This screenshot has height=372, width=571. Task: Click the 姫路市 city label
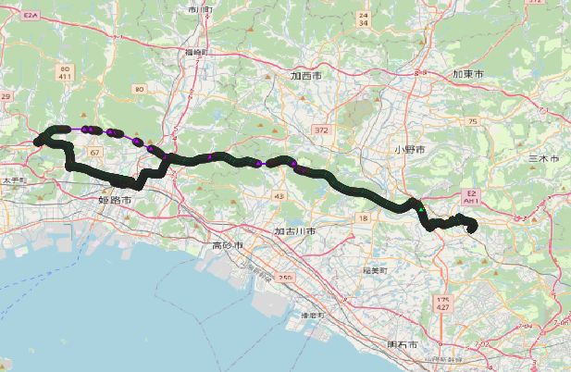pos(115,199)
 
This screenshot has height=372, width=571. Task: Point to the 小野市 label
pos(408,149)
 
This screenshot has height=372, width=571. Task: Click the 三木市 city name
pos(543,159)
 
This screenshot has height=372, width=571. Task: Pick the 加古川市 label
pos(295,230)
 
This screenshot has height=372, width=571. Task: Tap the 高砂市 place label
pos(227,245)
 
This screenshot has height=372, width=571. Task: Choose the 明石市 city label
pos(404,345)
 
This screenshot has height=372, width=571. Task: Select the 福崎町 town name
pos(193,53)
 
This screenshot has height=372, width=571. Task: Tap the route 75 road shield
pos(471,121)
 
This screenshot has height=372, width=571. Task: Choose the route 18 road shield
pos(363,217)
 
